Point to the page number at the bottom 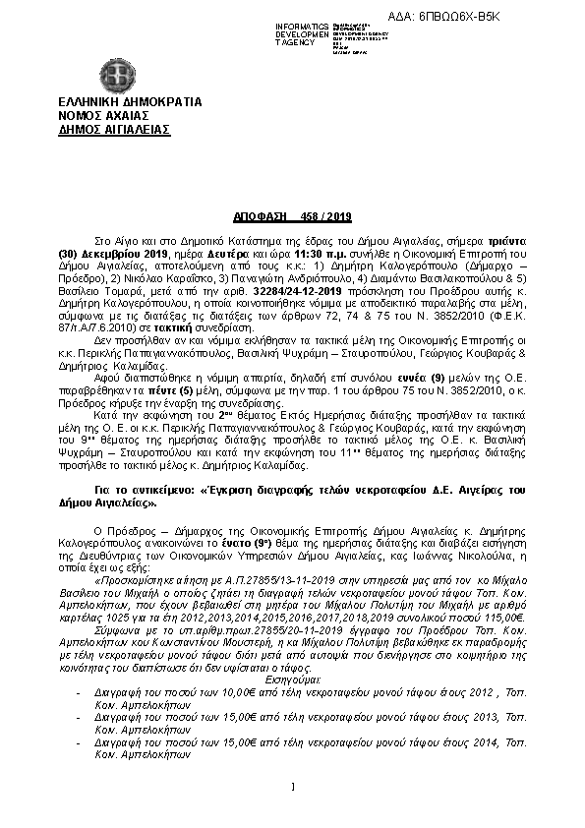(x=292, y=785)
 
